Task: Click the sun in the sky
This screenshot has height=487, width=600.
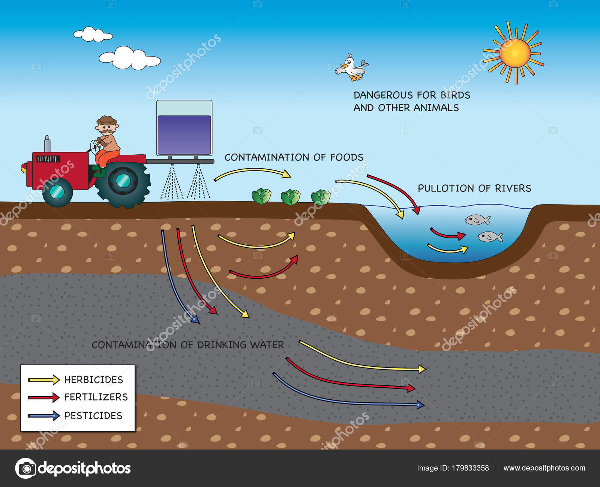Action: coord(514,53)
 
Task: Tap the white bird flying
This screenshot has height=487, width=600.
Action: coord(352,67)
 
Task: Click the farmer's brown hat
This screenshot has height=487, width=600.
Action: coord(107,121)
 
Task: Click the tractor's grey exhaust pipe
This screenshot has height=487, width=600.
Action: coord(47,144)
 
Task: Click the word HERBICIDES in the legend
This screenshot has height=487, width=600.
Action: coord(93,380)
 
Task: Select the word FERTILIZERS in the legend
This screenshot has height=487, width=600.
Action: coord(96,397)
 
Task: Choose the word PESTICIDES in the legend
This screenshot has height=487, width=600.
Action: coord(93,415)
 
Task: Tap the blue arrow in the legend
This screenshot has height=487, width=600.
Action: coord(44,415)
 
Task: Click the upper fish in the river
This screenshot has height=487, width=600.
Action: coord(477,220)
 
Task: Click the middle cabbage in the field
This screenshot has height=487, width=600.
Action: coord(291,197)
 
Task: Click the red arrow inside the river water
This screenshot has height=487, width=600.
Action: coord(447,235)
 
